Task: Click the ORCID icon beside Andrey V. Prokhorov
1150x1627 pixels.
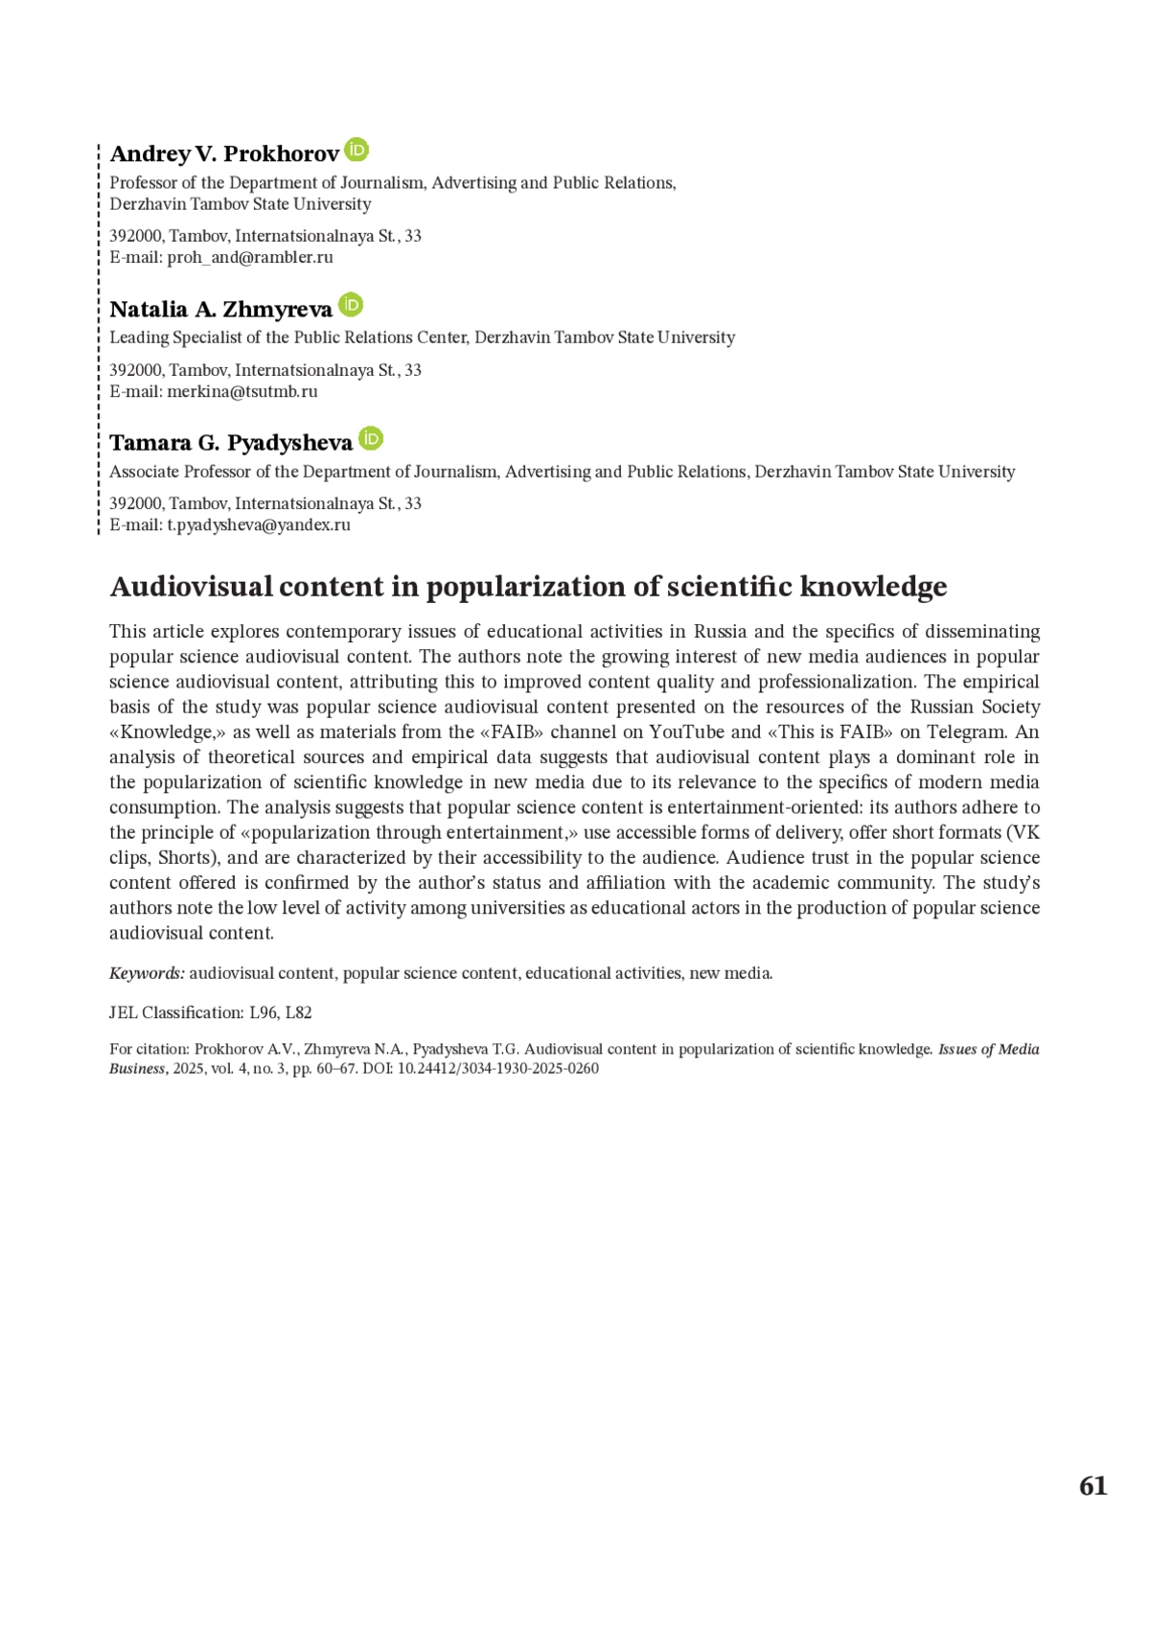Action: (x=356, y=150)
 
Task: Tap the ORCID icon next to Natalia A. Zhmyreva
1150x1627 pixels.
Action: (x=352, y=305)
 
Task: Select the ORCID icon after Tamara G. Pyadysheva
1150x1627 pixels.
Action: (x=371, y=438)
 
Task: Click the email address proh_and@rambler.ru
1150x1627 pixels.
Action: (x=250, y=257)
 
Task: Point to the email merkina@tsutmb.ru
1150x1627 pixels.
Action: (x=242, y=391)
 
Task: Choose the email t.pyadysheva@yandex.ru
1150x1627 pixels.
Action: (x=259, y=524)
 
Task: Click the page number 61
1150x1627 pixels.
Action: (x=1092, y=1486)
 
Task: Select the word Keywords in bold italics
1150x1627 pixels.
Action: (x=147, y=973)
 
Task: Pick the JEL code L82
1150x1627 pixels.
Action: (x=299, y=1012)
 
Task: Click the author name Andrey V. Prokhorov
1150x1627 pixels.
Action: (x=224, y=154)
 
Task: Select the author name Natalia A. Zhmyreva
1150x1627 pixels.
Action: (x=220, y=309)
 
